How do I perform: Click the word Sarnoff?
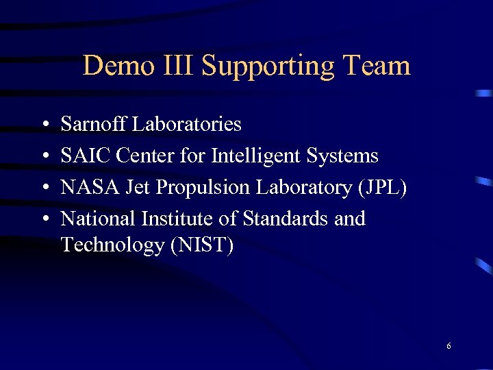tap(94, 124)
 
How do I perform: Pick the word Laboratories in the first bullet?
tap(186, 124)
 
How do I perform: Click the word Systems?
tap(342, 157)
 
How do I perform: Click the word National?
tap(98, 219)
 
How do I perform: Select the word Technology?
tap(112, 245)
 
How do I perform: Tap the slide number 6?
tap(448, 346)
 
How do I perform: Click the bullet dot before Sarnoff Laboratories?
tap(43, 125)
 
